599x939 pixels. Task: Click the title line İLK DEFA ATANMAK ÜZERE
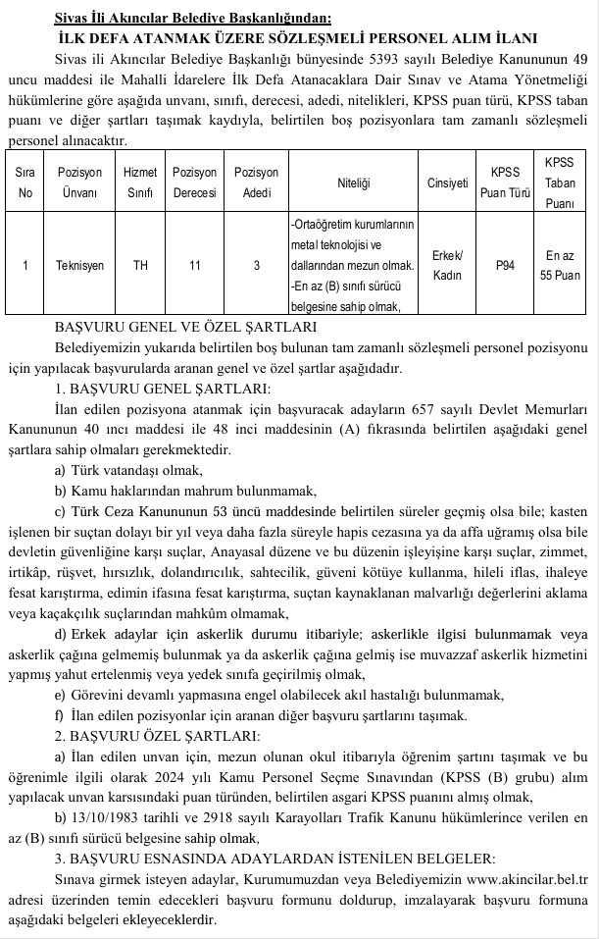[298, 38]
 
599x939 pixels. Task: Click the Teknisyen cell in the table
[80, 265]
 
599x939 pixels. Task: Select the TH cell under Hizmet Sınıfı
[140, 265]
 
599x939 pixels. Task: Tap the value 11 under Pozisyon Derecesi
[194, 265]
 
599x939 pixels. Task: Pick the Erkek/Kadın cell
[447, 265]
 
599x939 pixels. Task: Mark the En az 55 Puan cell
[561, 265]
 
